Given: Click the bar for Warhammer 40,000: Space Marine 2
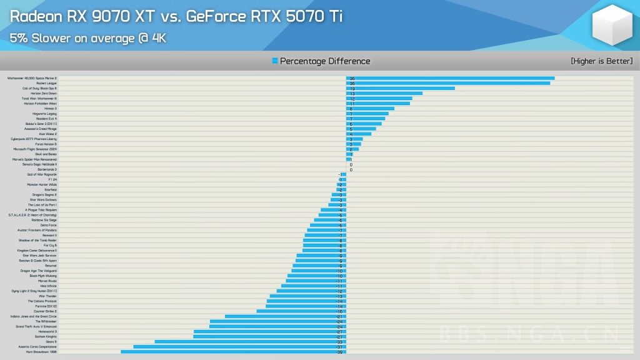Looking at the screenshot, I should [x=450, y=78].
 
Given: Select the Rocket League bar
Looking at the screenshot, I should [x=448, y=83].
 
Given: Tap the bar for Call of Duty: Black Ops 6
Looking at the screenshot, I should [x=400, y=88].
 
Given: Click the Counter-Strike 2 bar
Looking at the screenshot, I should [x=301, y=311].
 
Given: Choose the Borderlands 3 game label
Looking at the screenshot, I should [x=47, y=169].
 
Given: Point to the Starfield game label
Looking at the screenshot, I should [x=50, y=189].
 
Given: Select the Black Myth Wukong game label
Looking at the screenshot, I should [x=43, y=276].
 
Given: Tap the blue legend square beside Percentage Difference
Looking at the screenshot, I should [x=275, y=61].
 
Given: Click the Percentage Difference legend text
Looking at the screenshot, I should [x=325, y=61].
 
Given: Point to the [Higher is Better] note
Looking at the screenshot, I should [x=601, y=61].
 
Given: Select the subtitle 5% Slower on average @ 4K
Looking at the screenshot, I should [x=87, y=38].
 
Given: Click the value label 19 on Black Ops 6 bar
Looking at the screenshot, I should [x=352, y=89].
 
